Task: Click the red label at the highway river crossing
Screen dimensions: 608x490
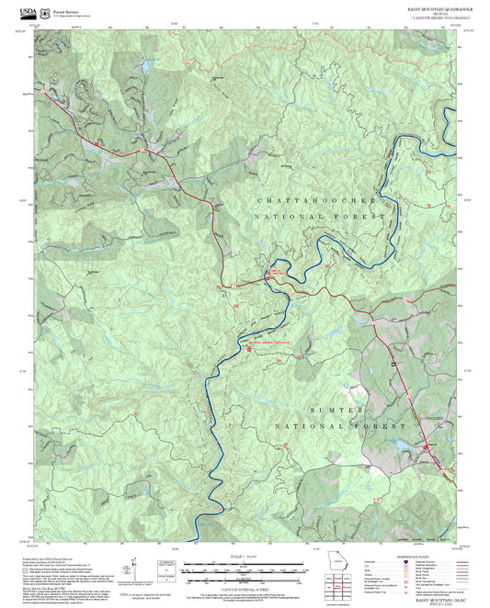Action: click(276, 272)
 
